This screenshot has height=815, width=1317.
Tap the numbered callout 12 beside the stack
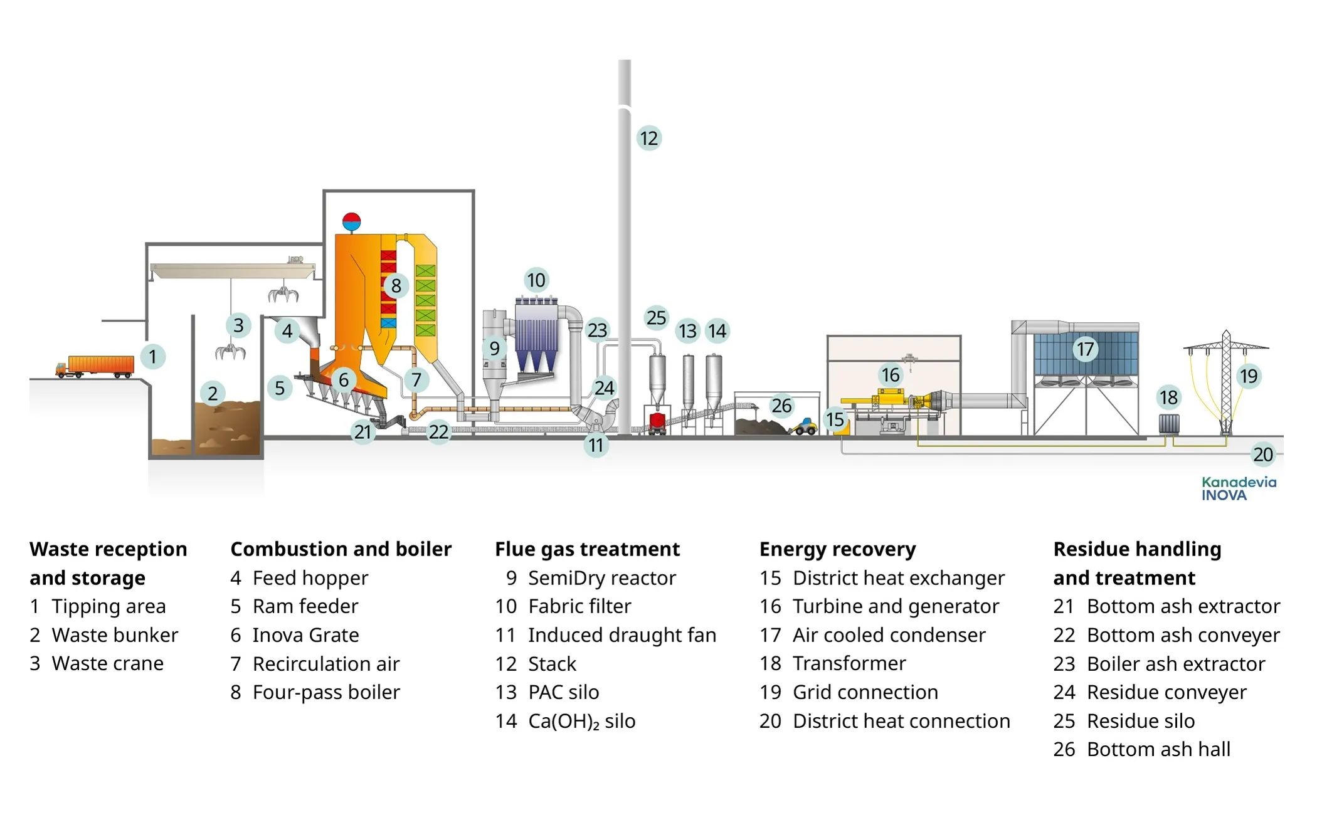coord(648,138)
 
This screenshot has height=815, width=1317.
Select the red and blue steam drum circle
coord(351,221)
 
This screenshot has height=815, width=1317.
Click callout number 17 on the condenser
coord(1085,349)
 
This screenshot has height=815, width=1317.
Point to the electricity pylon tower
coord(1225,382)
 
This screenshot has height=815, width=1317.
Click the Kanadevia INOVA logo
coord(1239,488)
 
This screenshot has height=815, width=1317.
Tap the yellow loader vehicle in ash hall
coord(803,428)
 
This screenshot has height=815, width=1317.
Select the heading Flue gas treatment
coord(586,549)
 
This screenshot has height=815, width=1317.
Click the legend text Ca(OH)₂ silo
coord(581,721)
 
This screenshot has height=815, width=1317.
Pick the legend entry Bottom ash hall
coord(1158,749)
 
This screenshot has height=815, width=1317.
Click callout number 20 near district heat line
coord(1262,455)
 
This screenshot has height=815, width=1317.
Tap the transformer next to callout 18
coord(1168,424)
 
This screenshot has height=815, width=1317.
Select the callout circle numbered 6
coord(344,379)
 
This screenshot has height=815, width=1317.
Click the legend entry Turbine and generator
coord(895,606)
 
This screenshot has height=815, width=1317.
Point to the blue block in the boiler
coord(388,323)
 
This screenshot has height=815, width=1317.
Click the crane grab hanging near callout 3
coord(230,352)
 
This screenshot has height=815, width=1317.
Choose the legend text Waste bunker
coord(115,635)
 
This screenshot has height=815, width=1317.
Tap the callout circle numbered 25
coord(656,318)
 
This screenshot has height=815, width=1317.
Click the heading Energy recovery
coord(837,549)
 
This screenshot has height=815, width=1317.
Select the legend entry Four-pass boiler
coord(325,692)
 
